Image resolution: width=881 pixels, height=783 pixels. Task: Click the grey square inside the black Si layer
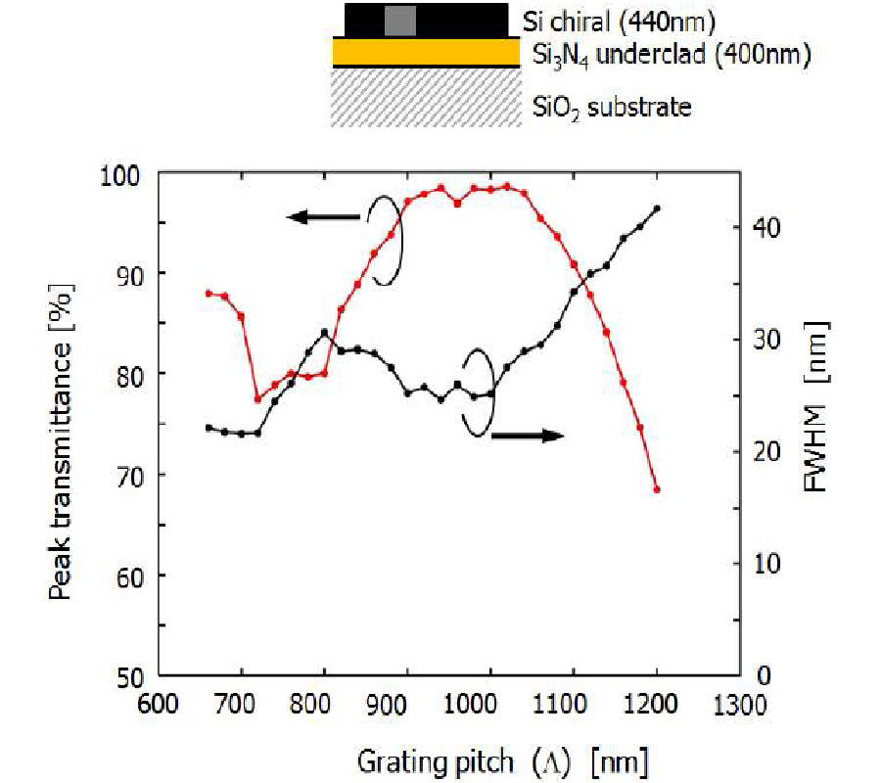coord(399,20)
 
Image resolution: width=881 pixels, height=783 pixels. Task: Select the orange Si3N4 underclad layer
coord(426,52)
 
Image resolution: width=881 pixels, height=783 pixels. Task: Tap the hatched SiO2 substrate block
coord(426,97)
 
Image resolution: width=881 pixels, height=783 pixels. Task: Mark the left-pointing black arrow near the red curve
coord(323,217)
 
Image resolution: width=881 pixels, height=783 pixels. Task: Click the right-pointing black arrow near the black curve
coord(529,436)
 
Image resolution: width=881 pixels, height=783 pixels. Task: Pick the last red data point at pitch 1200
coord(657,488)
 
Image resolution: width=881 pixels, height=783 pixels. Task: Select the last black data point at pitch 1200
coord(657,208)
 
